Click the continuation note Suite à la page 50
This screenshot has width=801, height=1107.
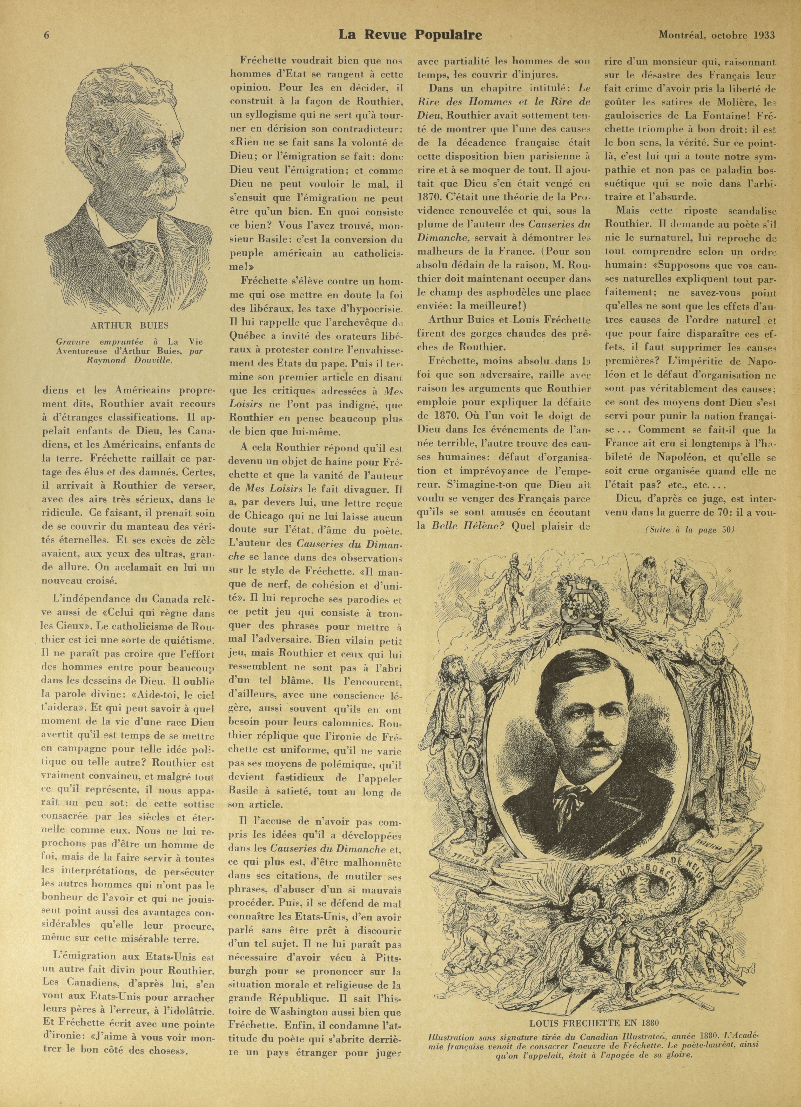click(689, 531)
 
